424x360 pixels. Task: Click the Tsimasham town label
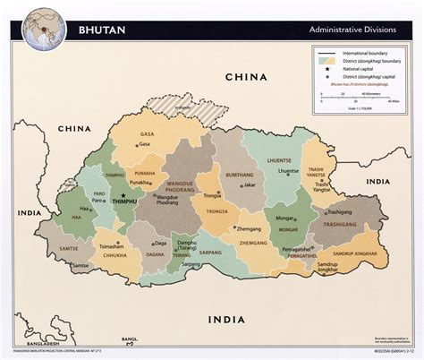point(111,244)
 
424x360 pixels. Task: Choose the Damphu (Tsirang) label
point(186,246)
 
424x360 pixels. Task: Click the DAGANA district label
point(155,254)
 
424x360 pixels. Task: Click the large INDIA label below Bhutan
point(229,320)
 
